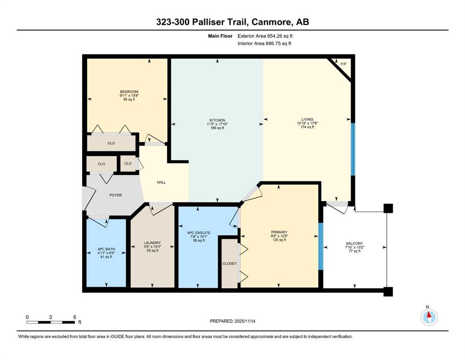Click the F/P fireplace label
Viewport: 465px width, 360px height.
(343, 64)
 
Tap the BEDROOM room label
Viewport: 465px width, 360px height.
(129, 92)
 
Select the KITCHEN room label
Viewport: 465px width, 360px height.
(216, 120)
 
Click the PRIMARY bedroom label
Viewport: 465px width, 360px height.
(279, 232)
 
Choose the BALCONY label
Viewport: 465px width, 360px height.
(354, 243)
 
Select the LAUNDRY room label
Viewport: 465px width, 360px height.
(153, 243)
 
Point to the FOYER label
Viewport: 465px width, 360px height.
(115, 195)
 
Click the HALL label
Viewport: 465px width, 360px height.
(161, 182)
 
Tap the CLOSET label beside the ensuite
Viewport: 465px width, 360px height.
(229, 263)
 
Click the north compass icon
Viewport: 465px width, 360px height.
(428, 317)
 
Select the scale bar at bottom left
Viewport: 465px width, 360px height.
(51, 322)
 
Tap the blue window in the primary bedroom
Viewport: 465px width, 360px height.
(321, 247)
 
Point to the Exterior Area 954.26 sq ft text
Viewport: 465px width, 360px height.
(266, 36)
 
